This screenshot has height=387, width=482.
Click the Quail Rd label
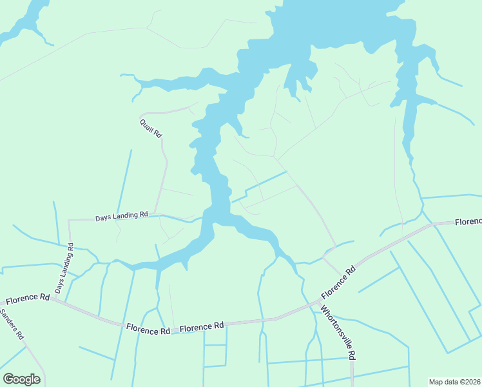(151, 126)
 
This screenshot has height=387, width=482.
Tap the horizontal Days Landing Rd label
(122, 217)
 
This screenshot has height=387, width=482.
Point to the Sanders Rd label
(12, 324)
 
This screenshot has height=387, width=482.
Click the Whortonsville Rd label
(338, 332)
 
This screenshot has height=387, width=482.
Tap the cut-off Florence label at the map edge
(468, 222)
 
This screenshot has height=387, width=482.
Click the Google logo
(21, 379)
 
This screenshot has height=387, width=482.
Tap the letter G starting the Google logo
(8, 379)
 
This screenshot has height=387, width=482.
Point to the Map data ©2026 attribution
(454, 381)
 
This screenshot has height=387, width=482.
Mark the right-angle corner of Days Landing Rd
(69, 221)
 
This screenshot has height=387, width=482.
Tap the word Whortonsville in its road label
(336, 328)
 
